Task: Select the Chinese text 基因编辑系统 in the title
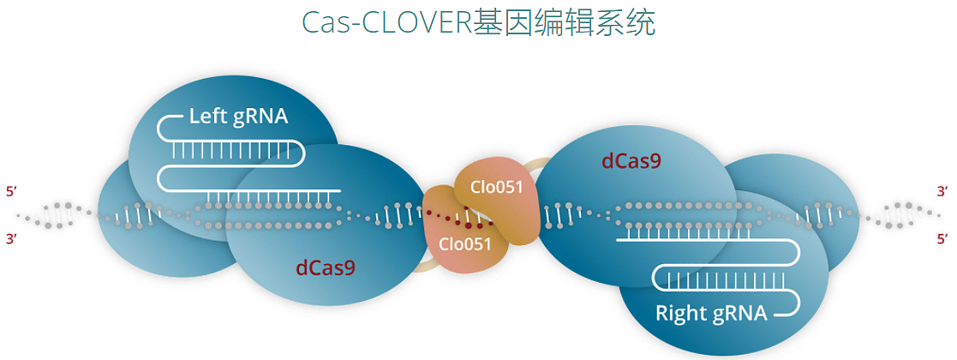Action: click(x=565, y=23)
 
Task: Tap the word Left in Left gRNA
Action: click(x=207, y=117)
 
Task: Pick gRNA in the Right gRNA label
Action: click(x=739, y=313)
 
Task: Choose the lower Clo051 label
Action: click(x=465, y=243)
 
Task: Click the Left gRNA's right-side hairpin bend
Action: click(x=300, y=153)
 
